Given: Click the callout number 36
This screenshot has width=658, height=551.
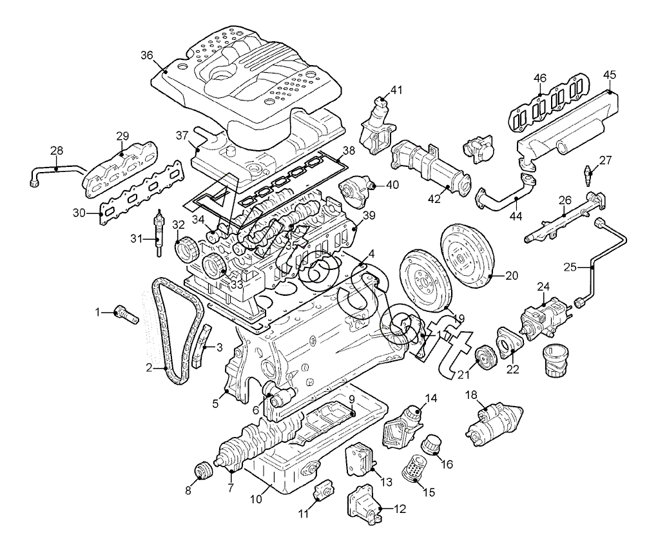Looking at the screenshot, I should pos(147,55).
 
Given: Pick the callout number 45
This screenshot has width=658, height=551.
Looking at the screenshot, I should pos(610,74).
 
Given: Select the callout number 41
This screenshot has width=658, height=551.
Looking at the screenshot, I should pos(396,90).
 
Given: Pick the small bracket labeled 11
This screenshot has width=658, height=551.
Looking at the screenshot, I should pos(321,490).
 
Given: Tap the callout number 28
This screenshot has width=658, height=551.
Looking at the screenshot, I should pos(57,151).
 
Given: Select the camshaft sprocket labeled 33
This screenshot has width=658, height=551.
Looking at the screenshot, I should pos(213,266).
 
